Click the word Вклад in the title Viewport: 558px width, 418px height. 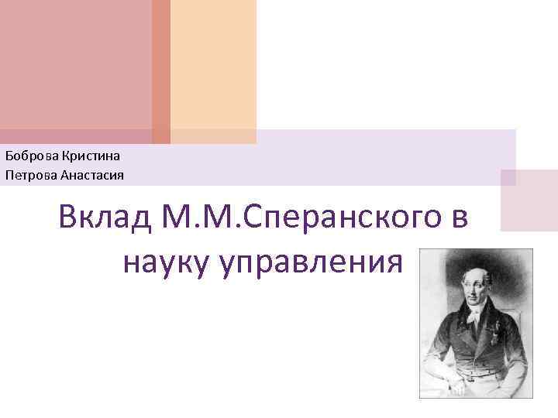106,218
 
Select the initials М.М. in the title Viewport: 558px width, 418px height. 203,218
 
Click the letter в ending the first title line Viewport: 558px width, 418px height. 457,219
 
